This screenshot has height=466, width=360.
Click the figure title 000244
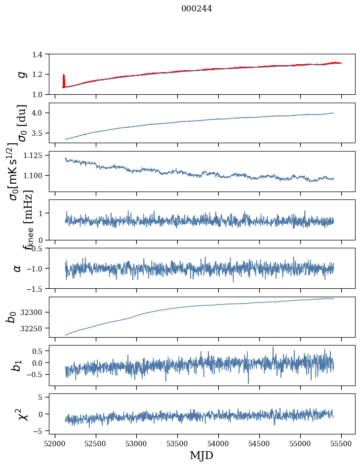coord(197,8)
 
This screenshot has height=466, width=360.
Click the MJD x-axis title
coord(201,456)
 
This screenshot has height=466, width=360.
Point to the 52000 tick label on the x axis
coord(55,443)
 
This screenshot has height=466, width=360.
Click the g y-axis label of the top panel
coord(21,74)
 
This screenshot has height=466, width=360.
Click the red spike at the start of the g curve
coord(64,79)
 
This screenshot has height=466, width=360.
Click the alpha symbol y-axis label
coord(17,268)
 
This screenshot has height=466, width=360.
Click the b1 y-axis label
coord(17,365)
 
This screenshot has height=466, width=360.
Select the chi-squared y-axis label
coord(22,414)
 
